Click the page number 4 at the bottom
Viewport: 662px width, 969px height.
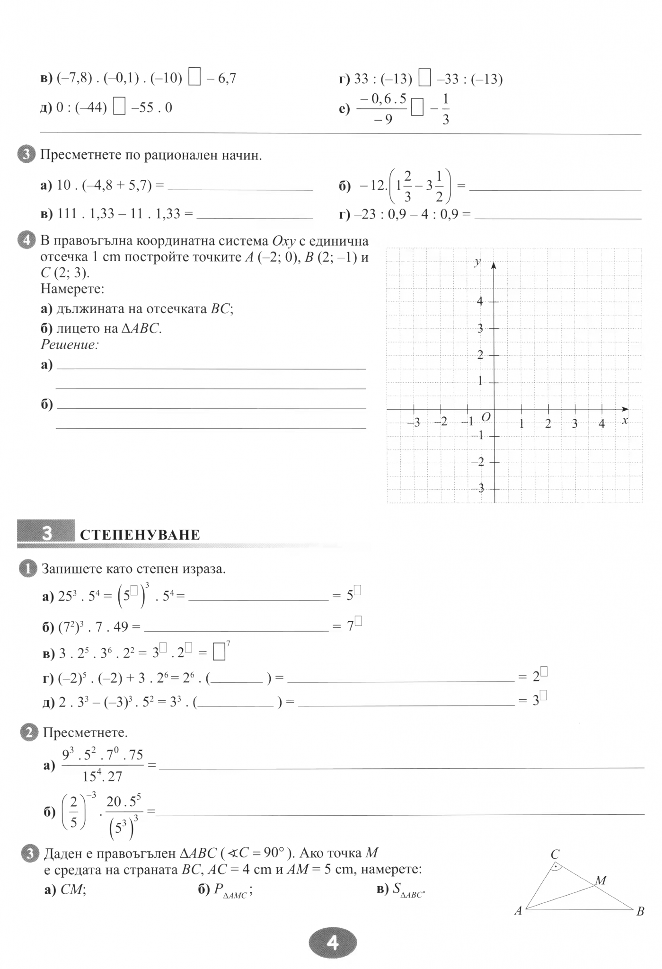tap(332, 943)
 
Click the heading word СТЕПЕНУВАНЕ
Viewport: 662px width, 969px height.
tap(140, 535)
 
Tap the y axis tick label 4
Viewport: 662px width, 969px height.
tap(480, 301)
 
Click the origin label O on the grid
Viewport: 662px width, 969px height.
tap(485, 417)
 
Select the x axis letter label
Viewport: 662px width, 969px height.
tap(625, 420)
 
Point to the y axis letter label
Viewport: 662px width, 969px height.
tap(478, 262)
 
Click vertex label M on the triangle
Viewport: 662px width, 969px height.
tap(600, 881)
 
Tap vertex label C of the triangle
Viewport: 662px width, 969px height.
tap(555, 854)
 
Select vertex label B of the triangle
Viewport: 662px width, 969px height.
tap(640, 911)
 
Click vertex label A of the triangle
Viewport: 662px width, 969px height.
tap(518, 910)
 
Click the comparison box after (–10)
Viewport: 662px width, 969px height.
tap(194, 78)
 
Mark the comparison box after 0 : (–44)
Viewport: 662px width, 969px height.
tap(120, 107)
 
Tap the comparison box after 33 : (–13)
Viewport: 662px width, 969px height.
tap(424, 78)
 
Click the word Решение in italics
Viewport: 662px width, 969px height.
tap(70, 344)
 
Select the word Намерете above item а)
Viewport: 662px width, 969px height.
tap(72, 288)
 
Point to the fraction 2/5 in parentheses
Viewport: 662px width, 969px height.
tap(73, 813)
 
